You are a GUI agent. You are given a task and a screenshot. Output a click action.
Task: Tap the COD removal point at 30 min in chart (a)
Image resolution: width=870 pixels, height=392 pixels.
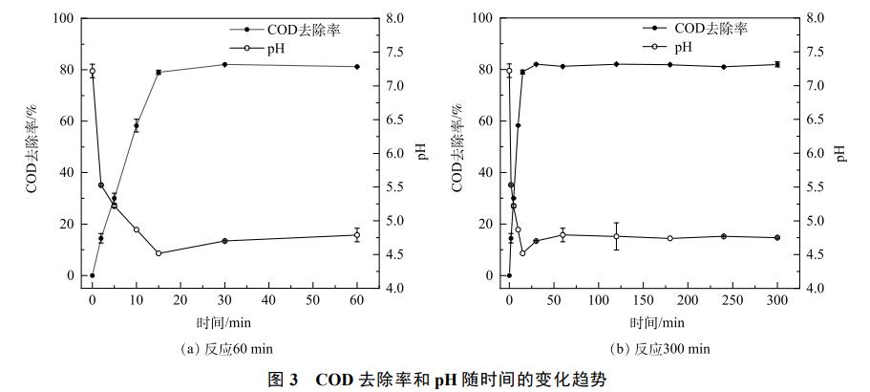tap(224, 65)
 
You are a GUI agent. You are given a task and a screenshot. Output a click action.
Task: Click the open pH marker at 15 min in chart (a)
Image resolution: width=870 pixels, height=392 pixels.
tap(159, 253)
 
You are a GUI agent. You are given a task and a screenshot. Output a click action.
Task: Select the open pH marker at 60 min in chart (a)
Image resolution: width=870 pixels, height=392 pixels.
tap(357, 235)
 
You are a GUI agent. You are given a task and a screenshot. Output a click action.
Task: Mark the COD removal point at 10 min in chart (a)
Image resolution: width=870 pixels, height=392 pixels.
tap(137, 126)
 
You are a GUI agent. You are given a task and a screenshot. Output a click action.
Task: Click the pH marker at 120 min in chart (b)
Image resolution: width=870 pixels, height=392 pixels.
tap(616, 236)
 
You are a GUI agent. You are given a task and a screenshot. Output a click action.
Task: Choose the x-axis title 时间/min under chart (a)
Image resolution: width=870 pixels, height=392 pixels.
tap(223, 323)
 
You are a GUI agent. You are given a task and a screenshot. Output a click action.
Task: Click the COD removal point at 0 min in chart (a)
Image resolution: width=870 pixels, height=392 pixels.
tap(93, 275)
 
